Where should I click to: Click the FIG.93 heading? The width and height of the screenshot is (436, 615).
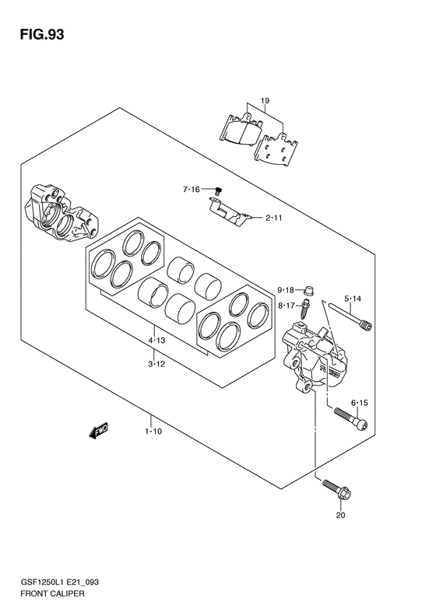42,34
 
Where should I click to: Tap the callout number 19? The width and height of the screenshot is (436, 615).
265,101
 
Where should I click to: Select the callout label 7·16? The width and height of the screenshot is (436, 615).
192,190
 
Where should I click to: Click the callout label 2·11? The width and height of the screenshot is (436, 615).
274,218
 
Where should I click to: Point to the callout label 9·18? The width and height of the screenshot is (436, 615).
286,290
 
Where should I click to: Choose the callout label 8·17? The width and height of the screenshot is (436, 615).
286,305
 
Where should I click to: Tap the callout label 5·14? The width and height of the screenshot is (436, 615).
353,299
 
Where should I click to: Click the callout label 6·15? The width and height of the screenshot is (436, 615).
360,403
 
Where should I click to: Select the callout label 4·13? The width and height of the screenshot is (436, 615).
156,341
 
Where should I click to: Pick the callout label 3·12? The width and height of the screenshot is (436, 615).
156,364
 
